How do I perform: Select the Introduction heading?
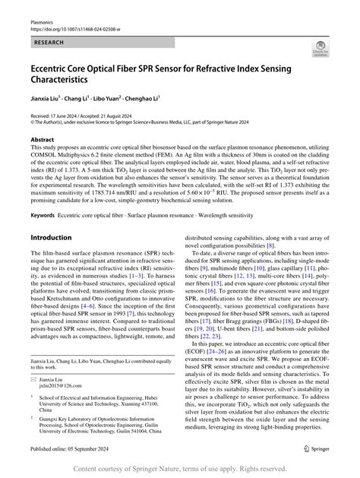pyautogui.click(x=51, y=237)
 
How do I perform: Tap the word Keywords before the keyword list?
pyautogui.click(x=43, y=215)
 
